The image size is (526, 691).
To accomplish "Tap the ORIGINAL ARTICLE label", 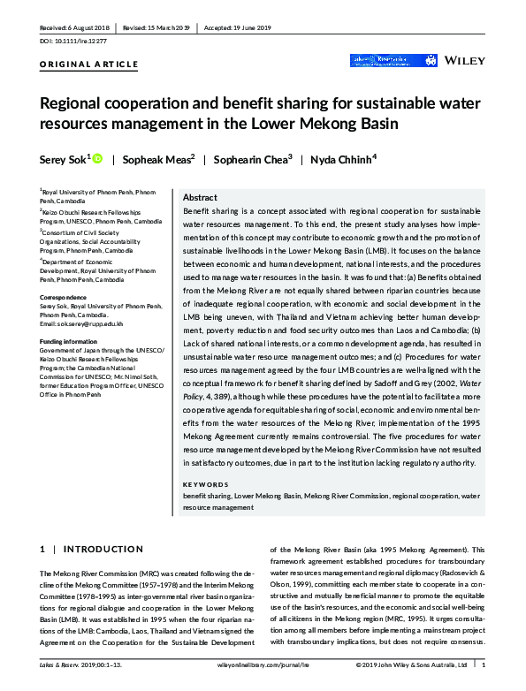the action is click(x=88, y=65).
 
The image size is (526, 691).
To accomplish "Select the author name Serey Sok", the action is click(x=64, y=159).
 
